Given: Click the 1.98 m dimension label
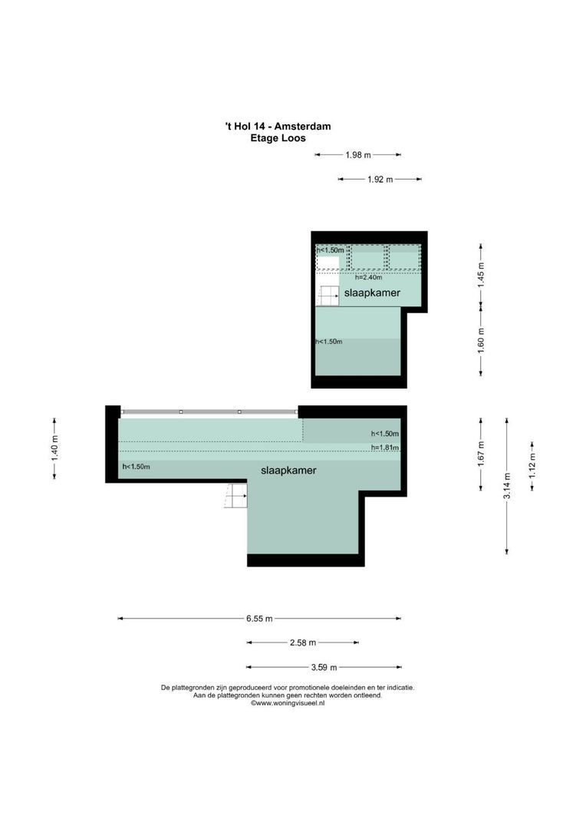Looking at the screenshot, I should [357, 155].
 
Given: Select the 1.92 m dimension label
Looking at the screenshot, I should [380, 180].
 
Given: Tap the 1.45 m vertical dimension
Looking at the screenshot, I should [481, 274].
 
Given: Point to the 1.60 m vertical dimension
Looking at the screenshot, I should [481, 339].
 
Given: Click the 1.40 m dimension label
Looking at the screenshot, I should [54, 448].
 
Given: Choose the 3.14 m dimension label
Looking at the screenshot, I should [506, 485].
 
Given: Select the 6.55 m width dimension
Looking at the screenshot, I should [259, 619].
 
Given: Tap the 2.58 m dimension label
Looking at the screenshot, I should [302, 642].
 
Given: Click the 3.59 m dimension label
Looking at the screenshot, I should [324, 668].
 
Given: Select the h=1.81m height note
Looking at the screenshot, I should [384, 448].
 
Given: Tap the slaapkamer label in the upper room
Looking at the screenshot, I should [370, 292].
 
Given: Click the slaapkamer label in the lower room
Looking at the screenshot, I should [288, 470].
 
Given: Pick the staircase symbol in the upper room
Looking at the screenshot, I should [328, 295].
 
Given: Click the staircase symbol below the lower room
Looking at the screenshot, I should [235, 497].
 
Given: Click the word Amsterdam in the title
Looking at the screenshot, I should [305, 127].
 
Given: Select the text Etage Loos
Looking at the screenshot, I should [278, 138].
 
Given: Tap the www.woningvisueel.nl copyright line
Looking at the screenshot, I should [288, 703].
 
